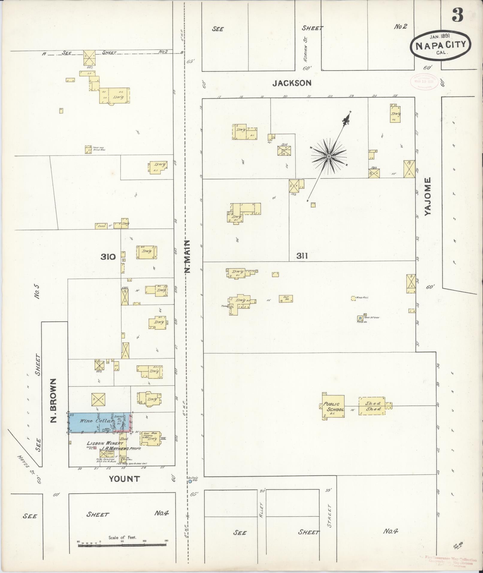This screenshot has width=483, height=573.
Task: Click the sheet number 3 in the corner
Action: [x=457, y=15]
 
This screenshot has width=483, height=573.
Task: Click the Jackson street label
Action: [x=292, y=83]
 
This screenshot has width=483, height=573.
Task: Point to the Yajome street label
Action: [x=428, y=196]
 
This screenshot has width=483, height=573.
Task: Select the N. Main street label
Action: [x=187, y=256]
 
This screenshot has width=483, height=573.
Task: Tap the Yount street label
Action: [x=124, y=479]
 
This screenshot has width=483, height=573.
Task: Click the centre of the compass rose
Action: [x=328, y=156]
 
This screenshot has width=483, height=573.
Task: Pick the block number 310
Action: [x=108, y=257]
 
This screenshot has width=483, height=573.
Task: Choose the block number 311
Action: [x=302, y=256]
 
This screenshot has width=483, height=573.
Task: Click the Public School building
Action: [x=333, y=406]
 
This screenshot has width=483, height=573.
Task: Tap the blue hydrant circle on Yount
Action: [x=190, y=482]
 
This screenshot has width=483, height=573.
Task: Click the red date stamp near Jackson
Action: [x=424, y=81]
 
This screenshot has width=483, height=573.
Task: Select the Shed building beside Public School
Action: [x=372, y=406]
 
